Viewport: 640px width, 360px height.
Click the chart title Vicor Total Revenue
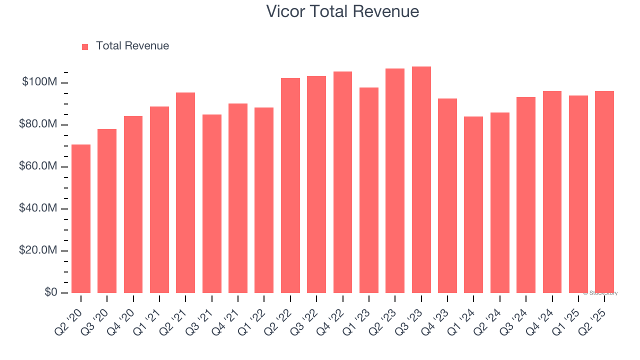(x=342, y=11)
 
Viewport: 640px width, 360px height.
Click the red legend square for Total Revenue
(x=85, y=46)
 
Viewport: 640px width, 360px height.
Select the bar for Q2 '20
(x=81, y=218)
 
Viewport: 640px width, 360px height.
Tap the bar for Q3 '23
(x=421, y=179)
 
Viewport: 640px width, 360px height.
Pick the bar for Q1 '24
(x=473, y=204)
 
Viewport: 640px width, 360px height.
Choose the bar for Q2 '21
(x=185, y=192)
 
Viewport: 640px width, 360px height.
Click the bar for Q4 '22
(x=342, y=182)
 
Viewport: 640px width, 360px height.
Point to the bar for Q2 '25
(x=604, y=192)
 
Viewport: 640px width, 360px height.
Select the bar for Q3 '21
(x=212, y=203)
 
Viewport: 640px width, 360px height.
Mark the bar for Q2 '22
(x=290, y=185)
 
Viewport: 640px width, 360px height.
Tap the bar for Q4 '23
(x=447, y=195)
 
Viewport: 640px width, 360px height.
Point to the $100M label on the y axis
(x=39, y=82)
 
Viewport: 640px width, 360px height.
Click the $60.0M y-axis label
(x=38, y=166)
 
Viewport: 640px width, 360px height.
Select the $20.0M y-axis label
(x=38, y=250)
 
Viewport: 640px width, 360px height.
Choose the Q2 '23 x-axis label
(x=387, y=317)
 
